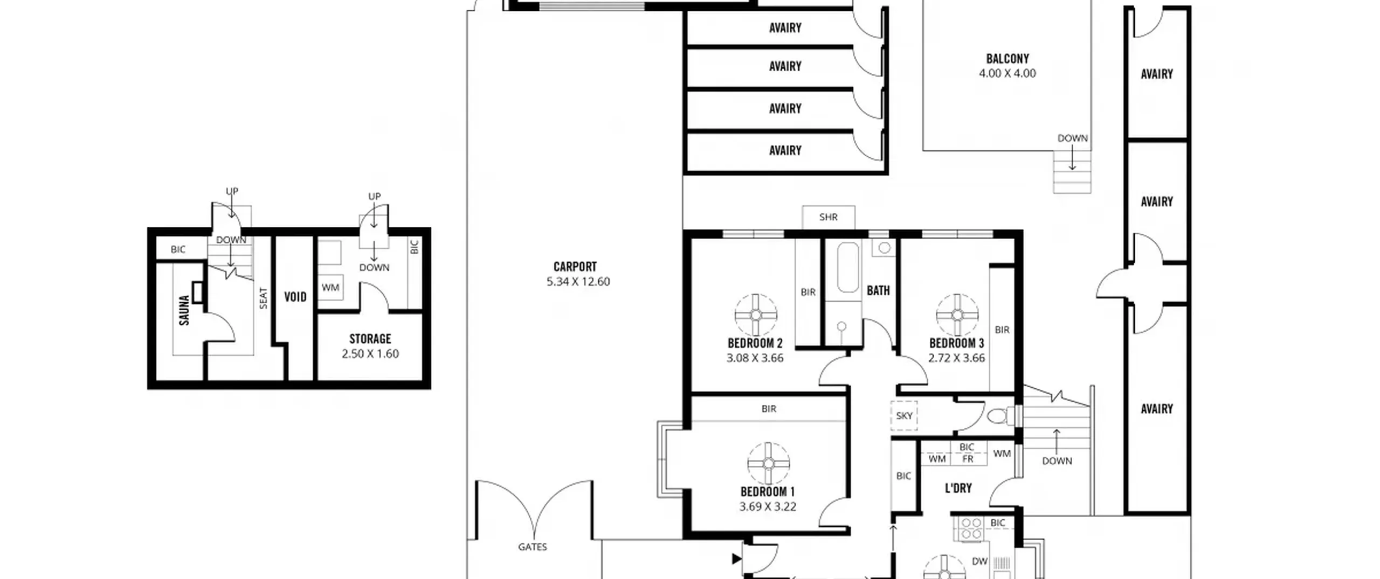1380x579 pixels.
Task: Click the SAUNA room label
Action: [184, 310]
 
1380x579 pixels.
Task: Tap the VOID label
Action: [295, 297]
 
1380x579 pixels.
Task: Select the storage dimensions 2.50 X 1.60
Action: [370, 354]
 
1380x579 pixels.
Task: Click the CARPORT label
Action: [575, 267]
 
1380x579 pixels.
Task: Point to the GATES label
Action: [533, 547]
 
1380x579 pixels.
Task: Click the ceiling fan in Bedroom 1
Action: [769, 464]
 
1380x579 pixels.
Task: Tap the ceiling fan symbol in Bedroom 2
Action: [755, 315]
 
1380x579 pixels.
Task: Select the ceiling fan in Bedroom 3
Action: [957, 315]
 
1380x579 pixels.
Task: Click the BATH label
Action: [878, 291]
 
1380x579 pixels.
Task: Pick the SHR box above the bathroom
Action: [829, 217]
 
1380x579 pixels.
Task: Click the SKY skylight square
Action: [904, 415]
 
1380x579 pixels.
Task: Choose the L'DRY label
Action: [958, 488]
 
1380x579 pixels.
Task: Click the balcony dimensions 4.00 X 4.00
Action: [1008, 73]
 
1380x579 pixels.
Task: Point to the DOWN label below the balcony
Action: [1073, 138]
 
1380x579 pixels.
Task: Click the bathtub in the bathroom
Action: [848, 267]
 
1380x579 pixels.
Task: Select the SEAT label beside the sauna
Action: [263, 298]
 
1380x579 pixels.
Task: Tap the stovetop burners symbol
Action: [971, 528]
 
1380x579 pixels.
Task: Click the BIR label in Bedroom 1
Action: [769, 409]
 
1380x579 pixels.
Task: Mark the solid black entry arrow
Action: [737, 559]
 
